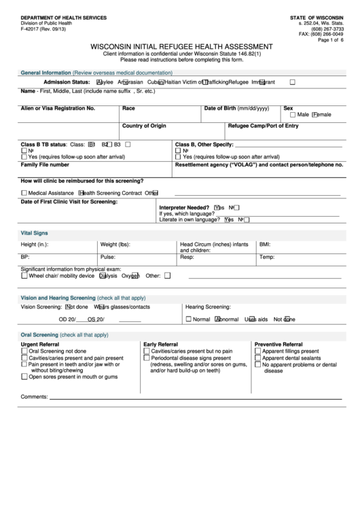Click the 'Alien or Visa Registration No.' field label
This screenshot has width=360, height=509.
tap(58, 108)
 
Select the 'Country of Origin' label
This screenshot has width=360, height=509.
tap(144, 126)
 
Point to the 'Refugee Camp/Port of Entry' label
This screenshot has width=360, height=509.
tap(263, 126)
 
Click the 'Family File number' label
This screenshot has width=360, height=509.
tap(45, 164)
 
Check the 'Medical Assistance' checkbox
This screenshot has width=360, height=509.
tap(24, 193)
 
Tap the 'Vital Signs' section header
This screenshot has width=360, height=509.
tap(35, 232)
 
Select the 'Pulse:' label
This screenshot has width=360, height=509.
tap(107, 258)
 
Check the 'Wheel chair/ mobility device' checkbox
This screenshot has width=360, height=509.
tap(24, 276)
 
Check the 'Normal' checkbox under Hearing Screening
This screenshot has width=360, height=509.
tap(189, 319)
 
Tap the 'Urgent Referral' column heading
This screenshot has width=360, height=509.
tap(40, 345)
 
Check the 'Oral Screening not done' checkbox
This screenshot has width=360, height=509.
tap(24, 351)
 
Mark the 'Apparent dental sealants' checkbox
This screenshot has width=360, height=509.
tap(258, 358)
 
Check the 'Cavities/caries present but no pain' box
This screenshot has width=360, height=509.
tap(147, 351)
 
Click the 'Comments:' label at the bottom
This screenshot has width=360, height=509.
tap(34, 396)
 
